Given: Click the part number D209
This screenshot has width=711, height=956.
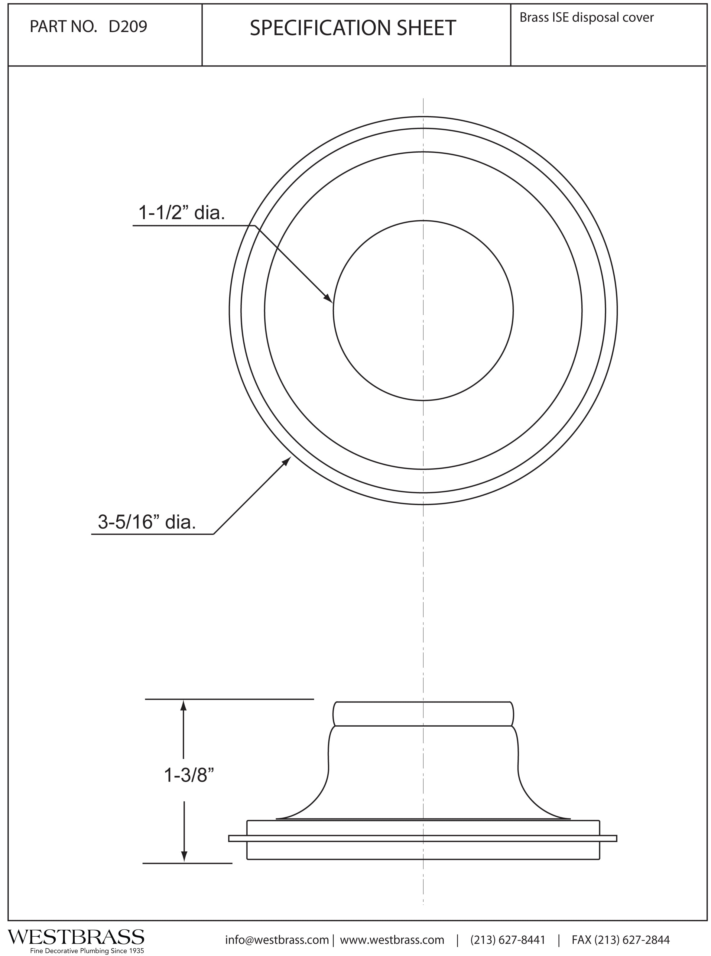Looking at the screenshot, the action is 128,27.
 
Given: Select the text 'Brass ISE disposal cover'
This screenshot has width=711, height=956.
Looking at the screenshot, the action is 587,18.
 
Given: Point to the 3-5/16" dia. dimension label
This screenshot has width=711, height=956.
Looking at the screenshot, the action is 147,522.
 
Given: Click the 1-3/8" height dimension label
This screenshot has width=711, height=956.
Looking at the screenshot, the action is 189,776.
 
